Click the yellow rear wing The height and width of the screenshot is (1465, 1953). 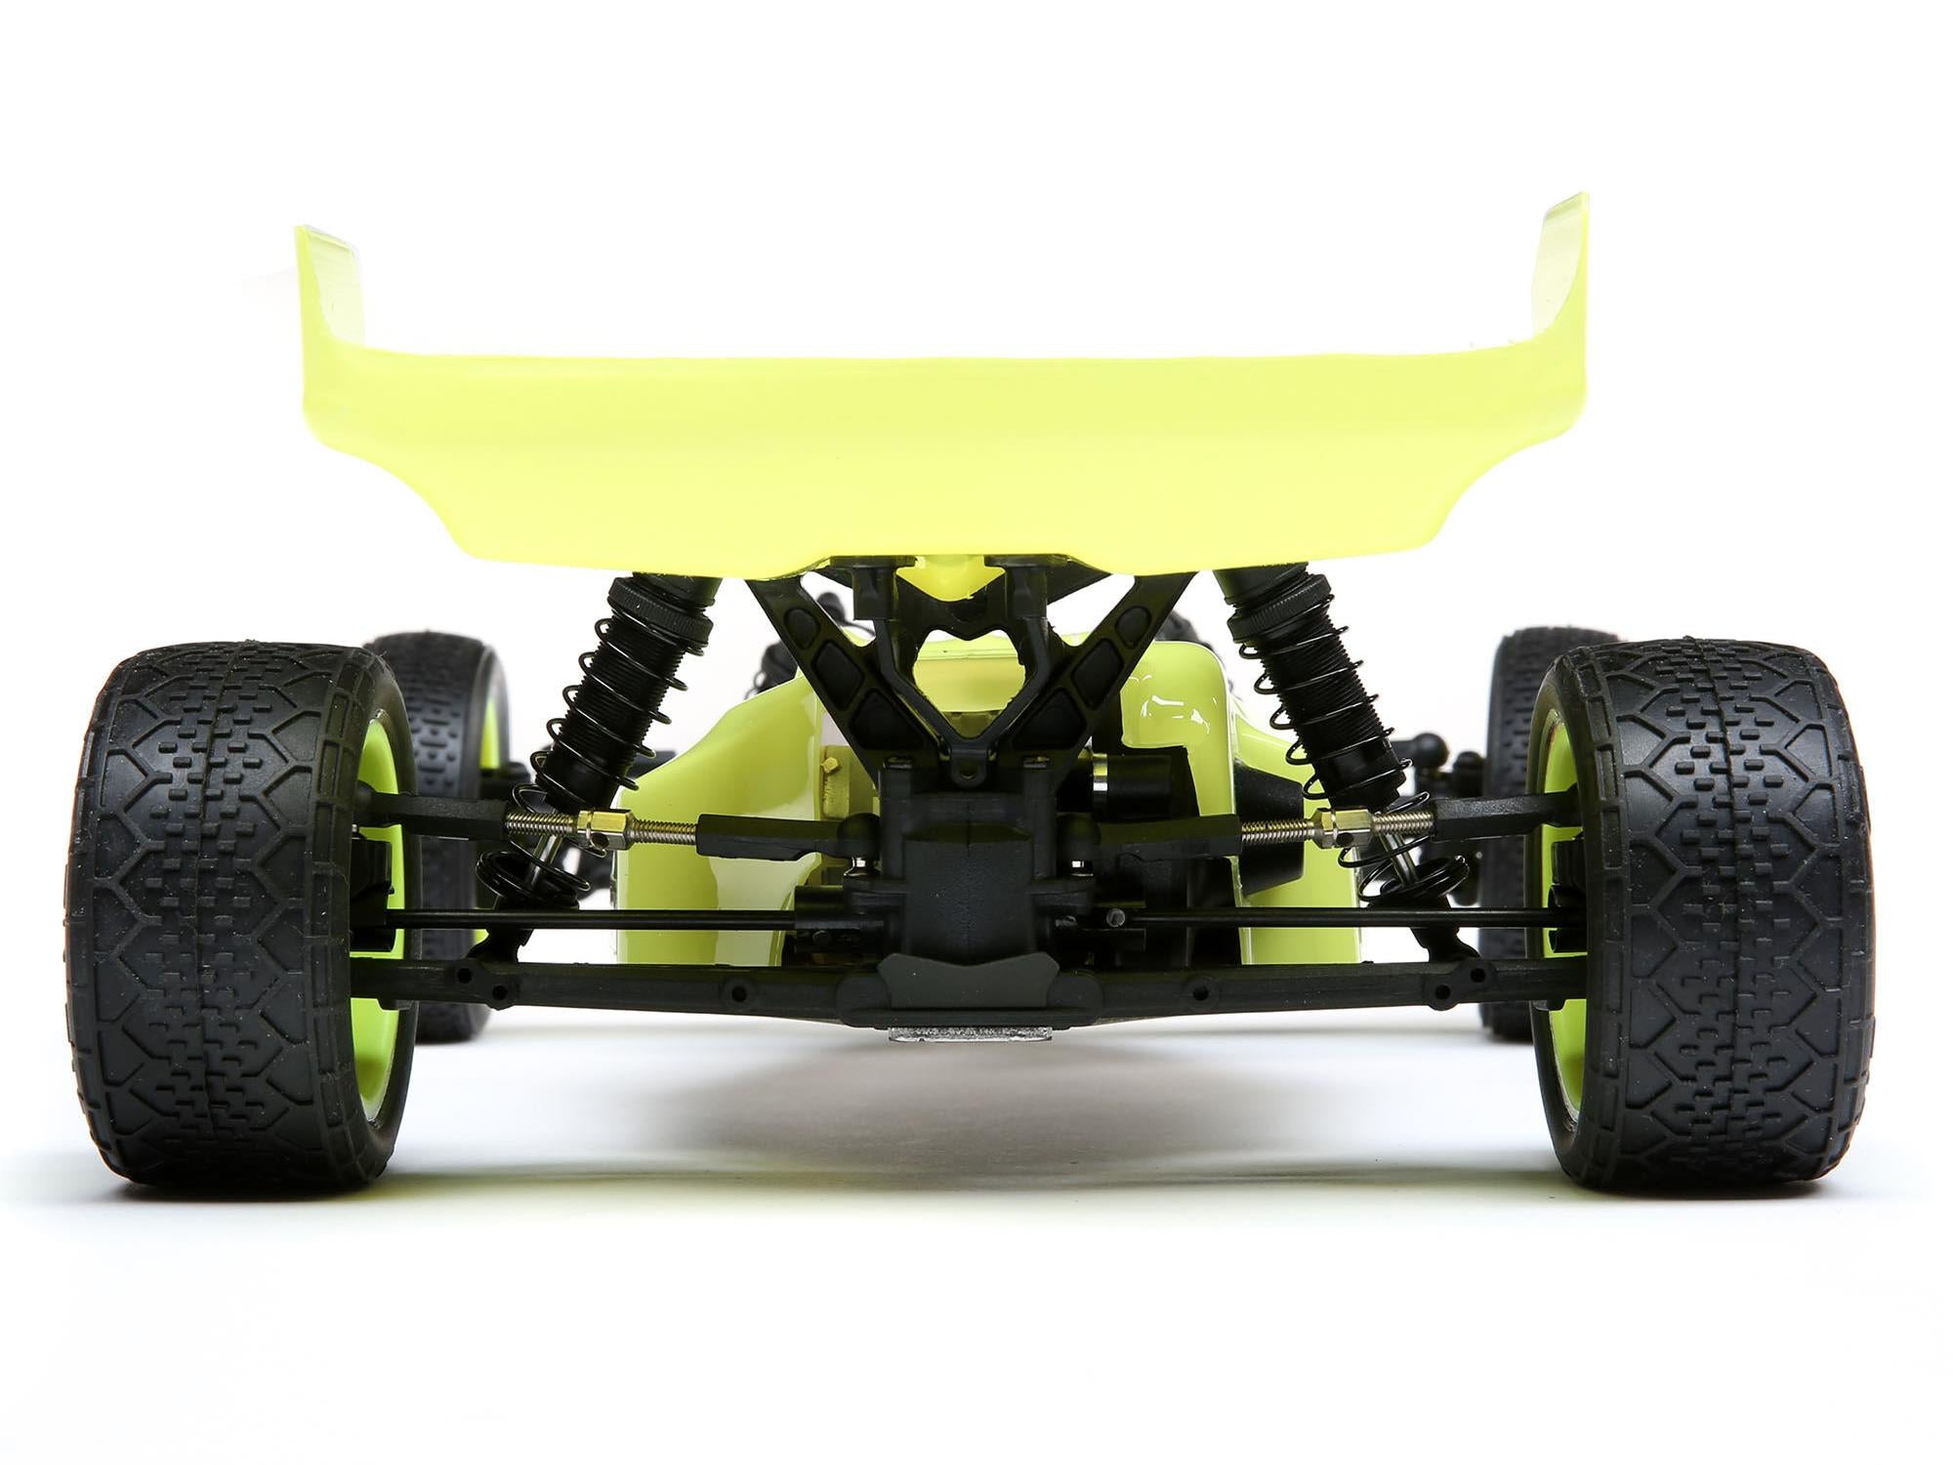(x=937, y=459)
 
